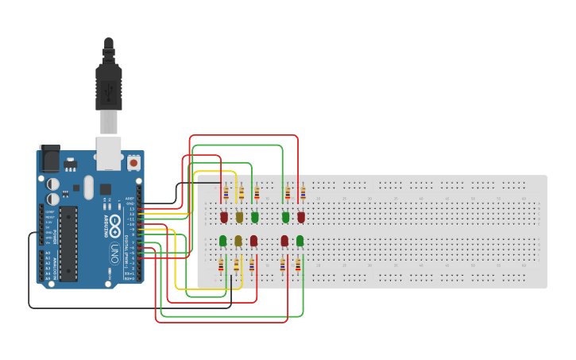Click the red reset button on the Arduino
pyautogui.click(x=133, y=163)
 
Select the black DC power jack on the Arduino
pyautogui.click(x=49, y=159)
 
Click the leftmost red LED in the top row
pyautogui.click(x=224, y=216)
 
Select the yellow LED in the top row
pyautogui.click(x=239, y=216)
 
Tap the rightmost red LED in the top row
pyautogui.click(x=301, y=216)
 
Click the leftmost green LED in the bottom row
pyautogui.click(x=223, y=240)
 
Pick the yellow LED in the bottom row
pyautogui.click(x=238, y=240)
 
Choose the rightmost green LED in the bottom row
pyautogui.click(x=300, y=240)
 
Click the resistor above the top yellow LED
pyautogui.click(x=242, y=192)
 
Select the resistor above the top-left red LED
pyautogui.click(x=226, y=192)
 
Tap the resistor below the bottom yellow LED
pyautogui.click(x=236, y=265)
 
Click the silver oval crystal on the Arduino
pyautogui.click(x=87, y=188)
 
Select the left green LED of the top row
pyautogui.click(x=255, y=216)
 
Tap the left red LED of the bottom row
pyautogui.click(x=253, y=240)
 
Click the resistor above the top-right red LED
pyautogui.click(x=303, y=192)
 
